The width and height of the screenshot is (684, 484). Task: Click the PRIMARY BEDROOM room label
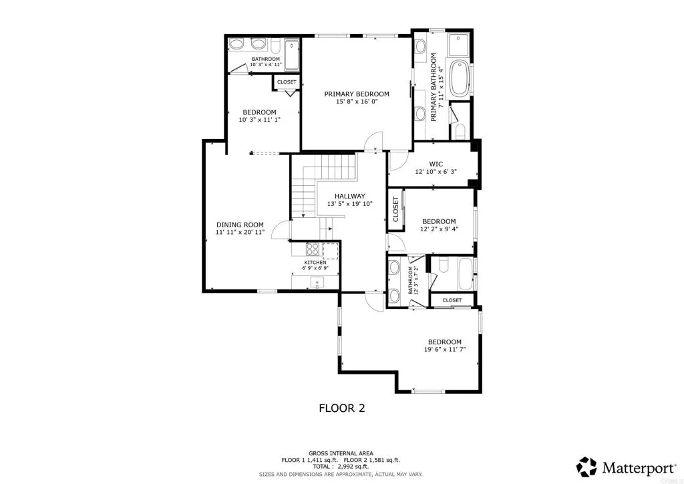pyautogui.click(x=357, y=94)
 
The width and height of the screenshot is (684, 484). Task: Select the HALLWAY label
pyautogui.click(x=349, y=195)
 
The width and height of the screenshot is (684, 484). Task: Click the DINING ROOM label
pyautogui.click(x=240, y=225)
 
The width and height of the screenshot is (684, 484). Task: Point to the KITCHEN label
pyautogui.click(x=315, y=263)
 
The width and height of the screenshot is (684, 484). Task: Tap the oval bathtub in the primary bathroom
pyautogui.click(x=460, y=78)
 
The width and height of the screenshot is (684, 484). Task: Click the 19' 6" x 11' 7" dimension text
pyautogui.click(x=444, y=350)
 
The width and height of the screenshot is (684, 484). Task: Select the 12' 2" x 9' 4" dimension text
pyautogui.click(x=439, y=229)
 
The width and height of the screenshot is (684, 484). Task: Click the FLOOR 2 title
pyautogui.click(x=341, y=408)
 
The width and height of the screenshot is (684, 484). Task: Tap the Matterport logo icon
pyautogui.click(x=586, y=466)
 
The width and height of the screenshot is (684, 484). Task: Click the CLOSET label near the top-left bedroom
pyautogui.click(x=287, y=82)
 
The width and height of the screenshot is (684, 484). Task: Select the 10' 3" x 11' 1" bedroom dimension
pyautogui.click(x=259, y=120)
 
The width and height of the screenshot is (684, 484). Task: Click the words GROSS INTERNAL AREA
pyautogui.click(x=341, y=453)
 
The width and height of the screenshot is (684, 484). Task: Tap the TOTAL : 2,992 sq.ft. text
pyautogui.click(x=341, y=467)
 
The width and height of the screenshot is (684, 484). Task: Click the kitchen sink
pyautogui.click(x=315, y=281)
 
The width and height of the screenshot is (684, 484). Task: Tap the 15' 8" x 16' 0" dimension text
pyautogui.click(x=357, y=102)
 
